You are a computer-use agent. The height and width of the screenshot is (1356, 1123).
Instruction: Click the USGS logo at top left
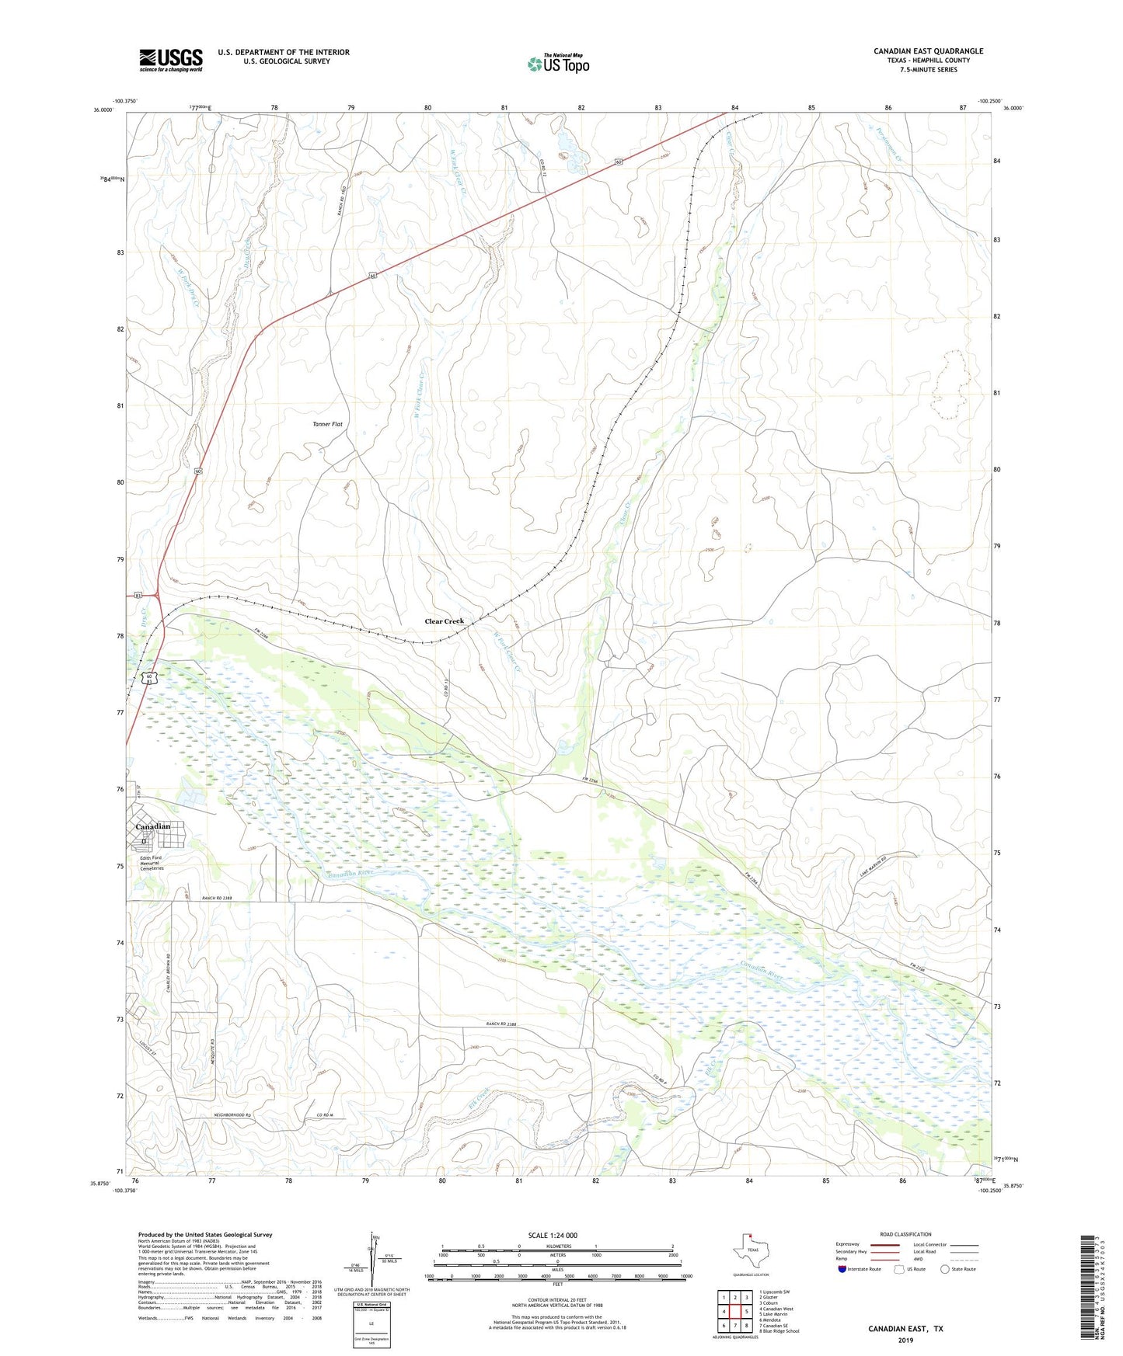click(171, 60)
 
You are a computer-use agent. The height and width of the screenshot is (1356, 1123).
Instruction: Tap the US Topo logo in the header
click(558, 64)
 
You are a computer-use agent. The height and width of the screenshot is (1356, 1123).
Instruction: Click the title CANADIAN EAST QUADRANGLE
click(928, 51)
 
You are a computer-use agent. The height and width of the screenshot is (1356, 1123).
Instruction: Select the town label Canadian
click(152, 826)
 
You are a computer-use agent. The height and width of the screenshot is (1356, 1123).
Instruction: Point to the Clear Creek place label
click(444, 621)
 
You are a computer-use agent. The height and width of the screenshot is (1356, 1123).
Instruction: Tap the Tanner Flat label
click(327, 424)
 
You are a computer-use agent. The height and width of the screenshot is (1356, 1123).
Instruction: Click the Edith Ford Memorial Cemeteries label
click(152, 863)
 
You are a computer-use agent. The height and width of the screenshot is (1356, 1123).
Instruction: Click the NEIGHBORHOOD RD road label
click(233, 1115)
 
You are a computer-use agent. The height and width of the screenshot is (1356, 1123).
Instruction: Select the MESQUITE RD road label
click(211, 1030)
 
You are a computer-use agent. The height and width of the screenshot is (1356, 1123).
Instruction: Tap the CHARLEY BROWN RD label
click(167, 973)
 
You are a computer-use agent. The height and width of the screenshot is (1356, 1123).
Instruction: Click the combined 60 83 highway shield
click(149, 678)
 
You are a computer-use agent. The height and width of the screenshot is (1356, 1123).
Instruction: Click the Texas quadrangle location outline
click(750, 1253)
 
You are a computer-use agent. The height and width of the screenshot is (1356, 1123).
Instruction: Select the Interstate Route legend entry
click(860, 1269)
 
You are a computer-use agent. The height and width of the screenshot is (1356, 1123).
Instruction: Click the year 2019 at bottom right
click(905, 1340)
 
